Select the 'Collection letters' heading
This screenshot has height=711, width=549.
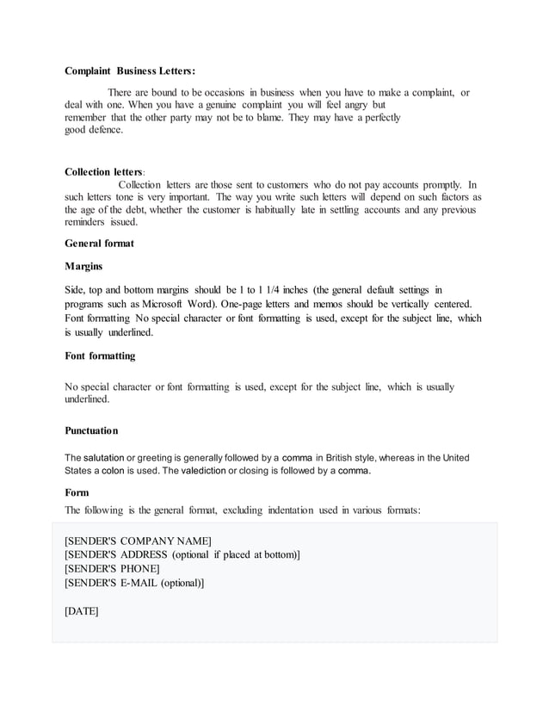(x=103, y=172)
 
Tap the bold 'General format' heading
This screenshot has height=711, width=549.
(x=100, y=244)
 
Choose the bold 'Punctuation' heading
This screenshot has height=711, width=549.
(x=91, y=430)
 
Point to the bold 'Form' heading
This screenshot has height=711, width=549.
(x=77, y=493)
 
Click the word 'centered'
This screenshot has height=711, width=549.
(x=447, y=305)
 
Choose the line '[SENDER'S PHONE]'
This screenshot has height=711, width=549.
(x=112, y=569)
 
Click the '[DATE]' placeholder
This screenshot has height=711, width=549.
(x=82, y=611)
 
